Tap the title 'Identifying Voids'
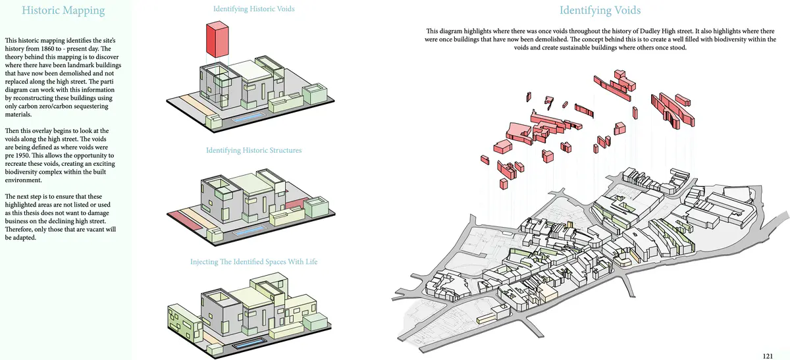600,11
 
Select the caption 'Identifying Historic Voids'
253,9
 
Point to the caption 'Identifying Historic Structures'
253,151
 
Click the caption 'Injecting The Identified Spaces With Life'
253,262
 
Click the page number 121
768,356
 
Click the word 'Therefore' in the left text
20,230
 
